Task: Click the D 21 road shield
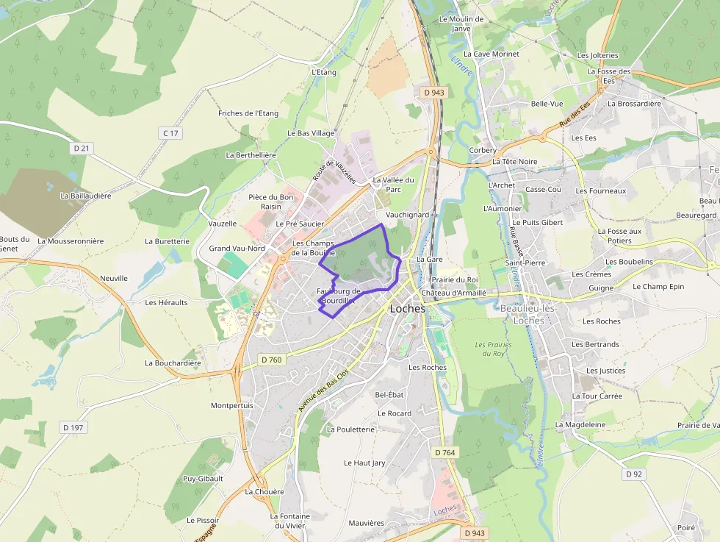pos(82,149)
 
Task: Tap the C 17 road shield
pos(170,133)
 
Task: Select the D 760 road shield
pos(271,360)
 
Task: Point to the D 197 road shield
pos(73,427)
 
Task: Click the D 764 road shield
pos(444,453)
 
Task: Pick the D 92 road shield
pos(634,474)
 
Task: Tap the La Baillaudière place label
pos(86,196)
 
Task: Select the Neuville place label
pos(114,278)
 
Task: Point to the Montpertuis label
pos(231,405)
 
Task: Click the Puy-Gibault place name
pos(203,478)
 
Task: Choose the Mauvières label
pos(367,523)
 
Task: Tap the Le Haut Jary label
pos(364,463)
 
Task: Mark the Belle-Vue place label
pos(547,104)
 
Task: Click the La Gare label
pos(429,260)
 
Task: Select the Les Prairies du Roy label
pos(493,349)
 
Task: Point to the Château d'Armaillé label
pos(454,292)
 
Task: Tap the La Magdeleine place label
pos(580,424)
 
